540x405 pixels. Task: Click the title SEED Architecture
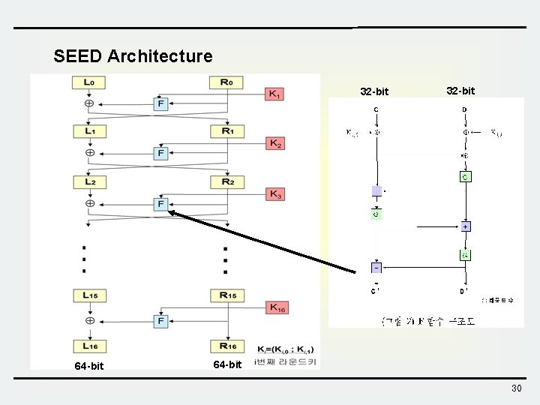tap(133, 56)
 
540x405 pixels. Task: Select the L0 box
tap(88, 82)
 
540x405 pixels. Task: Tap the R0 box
tap(226, 82)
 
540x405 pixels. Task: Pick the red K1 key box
tap(274, 94)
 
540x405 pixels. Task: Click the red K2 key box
tap(274, 142)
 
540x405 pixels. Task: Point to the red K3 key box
tap(274, 193)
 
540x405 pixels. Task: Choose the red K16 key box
tap(277, 307)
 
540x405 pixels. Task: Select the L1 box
tap(88, 131)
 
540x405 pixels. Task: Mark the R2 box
tap(226, 182)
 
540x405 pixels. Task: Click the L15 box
tap(88, 295)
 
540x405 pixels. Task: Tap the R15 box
tap(226, 295)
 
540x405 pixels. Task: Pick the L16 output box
tap(88, 346)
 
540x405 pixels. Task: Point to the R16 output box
tap(226, 346)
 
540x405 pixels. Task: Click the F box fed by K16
tap(160, 320)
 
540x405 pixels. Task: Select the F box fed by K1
tap(160, 103)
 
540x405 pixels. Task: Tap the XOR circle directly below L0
tap(89, 103)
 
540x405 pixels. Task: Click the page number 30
tap(516, 388)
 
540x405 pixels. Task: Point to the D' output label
tap(464, 291)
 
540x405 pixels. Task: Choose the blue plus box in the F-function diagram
tap(466, 226)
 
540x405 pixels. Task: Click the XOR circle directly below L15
tap(89, 320)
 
